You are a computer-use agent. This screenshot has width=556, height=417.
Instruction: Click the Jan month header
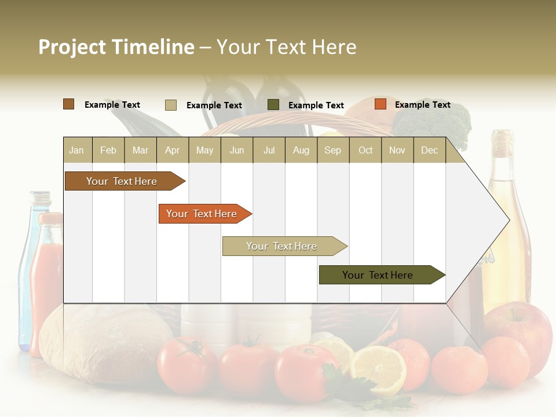76,150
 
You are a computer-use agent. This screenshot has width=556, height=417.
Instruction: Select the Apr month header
172,150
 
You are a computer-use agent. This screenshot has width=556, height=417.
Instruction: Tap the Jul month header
269,150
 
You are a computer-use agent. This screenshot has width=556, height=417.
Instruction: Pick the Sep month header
332,150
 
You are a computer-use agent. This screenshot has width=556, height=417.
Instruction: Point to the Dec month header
429,150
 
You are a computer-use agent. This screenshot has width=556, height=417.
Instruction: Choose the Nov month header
397,150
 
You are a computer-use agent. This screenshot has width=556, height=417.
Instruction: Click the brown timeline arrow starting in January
122,181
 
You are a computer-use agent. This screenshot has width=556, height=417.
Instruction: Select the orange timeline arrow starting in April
202,214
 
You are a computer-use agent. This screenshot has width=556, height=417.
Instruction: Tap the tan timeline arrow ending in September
282,246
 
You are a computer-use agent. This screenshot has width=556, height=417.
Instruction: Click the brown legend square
68,104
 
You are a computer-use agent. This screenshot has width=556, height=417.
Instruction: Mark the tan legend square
170,105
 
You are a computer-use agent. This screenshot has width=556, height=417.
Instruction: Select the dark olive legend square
273,105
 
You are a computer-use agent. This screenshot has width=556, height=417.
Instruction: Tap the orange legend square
380,104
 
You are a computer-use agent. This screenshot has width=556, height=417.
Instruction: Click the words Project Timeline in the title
116,47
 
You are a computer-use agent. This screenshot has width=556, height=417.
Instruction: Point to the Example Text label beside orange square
422,105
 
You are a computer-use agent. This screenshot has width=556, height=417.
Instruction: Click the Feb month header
108,150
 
